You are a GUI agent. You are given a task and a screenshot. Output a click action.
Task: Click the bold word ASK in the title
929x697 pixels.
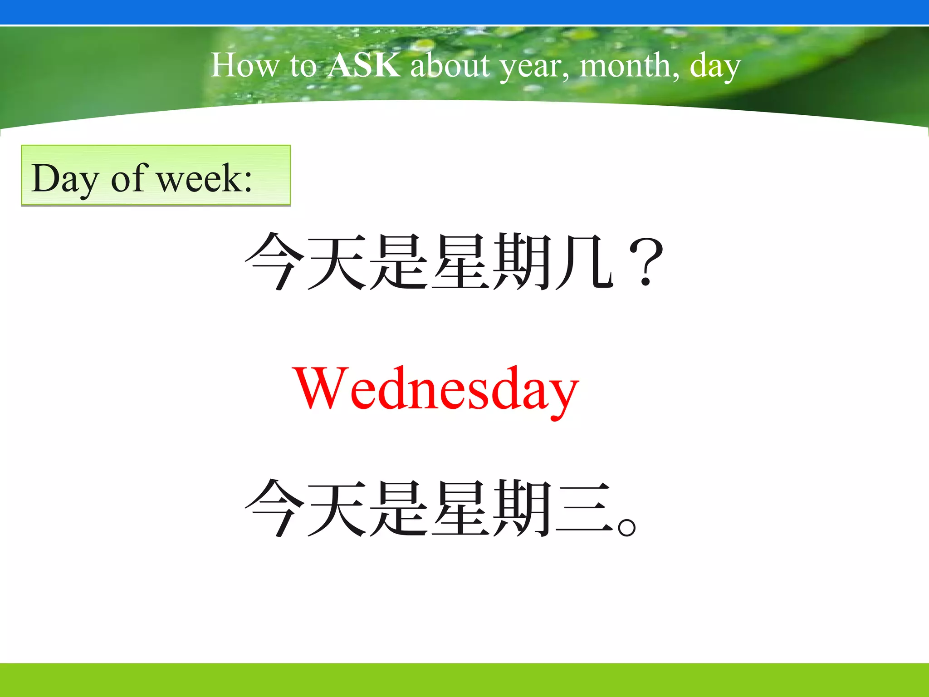point(364,65)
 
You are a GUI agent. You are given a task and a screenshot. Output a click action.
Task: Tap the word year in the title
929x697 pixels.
point(533,67)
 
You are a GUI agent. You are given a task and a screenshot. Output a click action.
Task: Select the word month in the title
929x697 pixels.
point(629,65)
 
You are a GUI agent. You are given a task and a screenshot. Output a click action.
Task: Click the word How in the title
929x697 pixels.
point(244,65)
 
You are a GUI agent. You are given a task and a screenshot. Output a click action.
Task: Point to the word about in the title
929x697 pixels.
point(450,65)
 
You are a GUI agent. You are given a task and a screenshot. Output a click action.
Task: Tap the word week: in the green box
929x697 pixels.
point(204,179)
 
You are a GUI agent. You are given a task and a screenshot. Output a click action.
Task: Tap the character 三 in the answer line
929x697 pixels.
point(584,509)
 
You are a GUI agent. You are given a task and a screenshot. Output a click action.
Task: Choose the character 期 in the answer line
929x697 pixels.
point(523,509)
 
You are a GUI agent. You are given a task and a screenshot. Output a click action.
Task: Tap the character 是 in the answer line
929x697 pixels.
point(398,509)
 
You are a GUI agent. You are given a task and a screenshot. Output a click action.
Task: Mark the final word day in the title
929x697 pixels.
point(715,67)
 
